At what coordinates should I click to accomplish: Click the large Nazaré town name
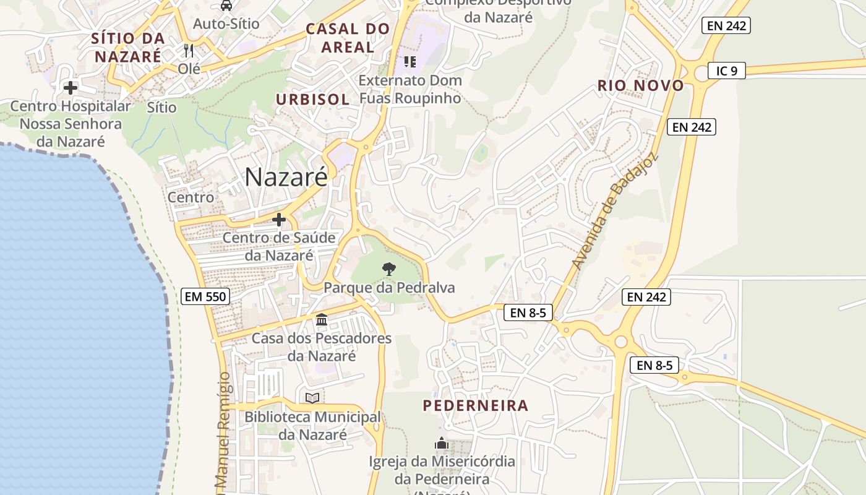[286, 177]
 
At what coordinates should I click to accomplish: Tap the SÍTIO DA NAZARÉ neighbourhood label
[128, 47]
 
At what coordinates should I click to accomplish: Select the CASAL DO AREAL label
[348, 38]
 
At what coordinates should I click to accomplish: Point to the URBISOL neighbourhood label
[312, 99]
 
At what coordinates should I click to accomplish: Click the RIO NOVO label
[641, 85]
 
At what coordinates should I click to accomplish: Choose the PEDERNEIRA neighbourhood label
[476, 405]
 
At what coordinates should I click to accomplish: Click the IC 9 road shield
[727, 71]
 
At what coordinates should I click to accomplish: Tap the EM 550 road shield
[206, 296]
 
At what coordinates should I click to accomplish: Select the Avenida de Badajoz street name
[615, 211]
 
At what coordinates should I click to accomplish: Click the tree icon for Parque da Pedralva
[388, 269]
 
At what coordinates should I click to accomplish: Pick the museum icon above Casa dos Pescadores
[322, 320]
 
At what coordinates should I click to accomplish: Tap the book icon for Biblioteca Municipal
[313, 398]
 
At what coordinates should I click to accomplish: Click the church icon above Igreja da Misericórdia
[441, 443]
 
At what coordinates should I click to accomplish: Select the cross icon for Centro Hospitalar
[71, 88]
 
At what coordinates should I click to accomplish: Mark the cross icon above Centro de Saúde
[279, 220]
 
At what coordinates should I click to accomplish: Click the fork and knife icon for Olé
[189, 50]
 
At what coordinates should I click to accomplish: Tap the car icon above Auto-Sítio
[226, 6]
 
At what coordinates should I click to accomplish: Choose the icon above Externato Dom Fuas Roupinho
[409, 61]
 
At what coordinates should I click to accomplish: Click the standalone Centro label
[191, 197]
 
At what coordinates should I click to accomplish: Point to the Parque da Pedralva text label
[389, 288]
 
